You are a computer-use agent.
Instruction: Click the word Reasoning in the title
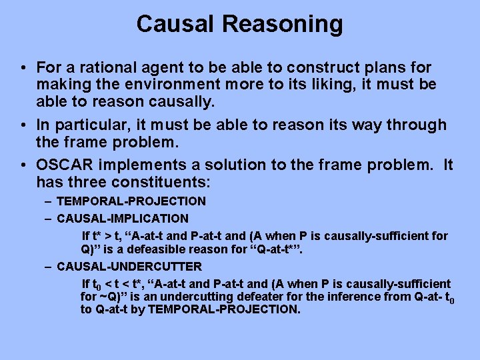(x=283, y=25)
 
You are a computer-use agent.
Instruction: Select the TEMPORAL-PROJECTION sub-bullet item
(x=131, y=201)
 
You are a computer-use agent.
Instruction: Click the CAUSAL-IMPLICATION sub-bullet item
(x=123, y=219)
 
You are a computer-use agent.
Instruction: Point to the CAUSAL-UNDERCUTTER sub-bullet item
(x=129, y=267)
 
